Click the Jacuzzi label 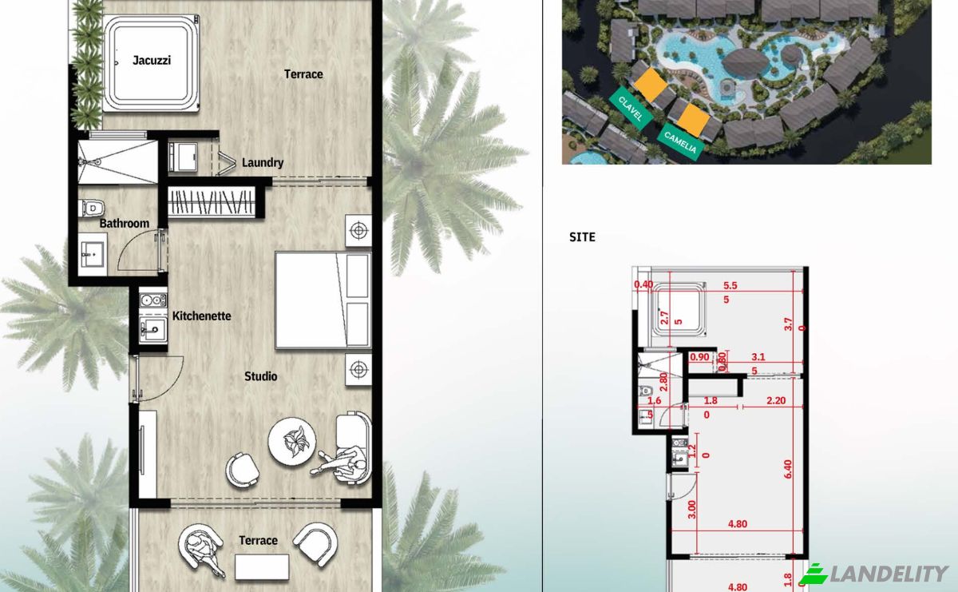click(x=152, y=61)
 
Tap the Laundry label click(x=263, y=163)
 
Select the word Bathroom click(x=124, y=223)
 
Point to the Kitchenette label click(x=201, y=316)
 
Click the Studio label click(x=260, y=376)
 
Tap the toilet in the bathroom click(x=92, y=208)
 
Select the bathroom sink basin click(x=93, y=254)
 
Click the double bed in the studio click(x=323, y=300)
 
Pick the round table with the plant click(x=292, y=441)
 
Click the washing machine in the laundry click(x=183, y=157)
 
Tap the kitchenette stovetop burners click(x=152, y=300)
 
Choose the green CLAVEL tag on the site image click(x=631, y=109)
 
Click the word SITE click(x=582, y=237)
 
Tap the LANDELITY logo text click(x=889, y=574)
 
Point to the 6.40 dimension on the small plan click(x=788, y=469)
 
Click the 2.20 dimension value click(x=776, y=400)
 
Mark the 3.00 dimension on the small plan click(x=691, y=510)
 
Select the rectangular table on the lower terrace click(x=262, y=567)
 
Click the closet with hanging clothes click(x=212, y=201)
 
